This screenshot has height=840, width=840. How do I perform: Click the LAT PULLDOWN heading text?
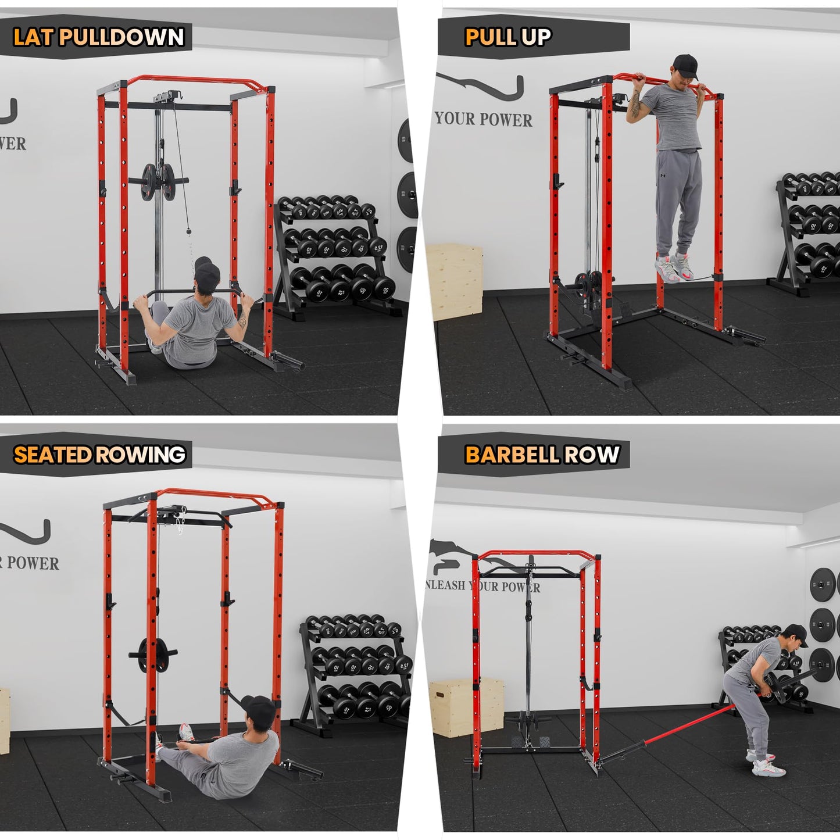[98, 37]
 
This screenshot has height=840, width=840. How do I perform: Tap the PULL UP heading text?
[507, 37]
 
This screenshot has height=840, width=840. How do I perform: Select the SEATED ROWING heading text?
[99, 455]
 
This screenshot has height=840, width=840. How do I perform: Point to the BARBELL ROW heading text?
[542, 455]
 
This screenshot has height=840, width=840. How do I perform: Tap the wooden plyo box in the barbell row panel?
[466, 706]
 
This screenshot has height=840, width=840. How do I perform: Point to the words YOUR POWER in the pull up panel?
[484, 119]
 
